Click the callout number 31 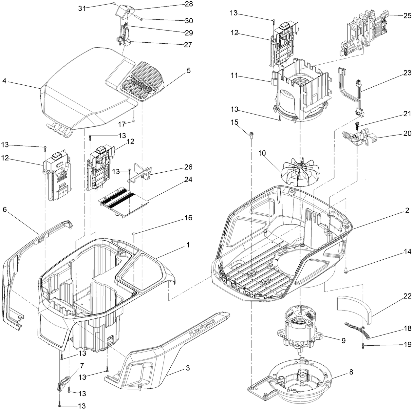coord(82,9)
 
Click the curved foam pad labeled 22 coord(353,310)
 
